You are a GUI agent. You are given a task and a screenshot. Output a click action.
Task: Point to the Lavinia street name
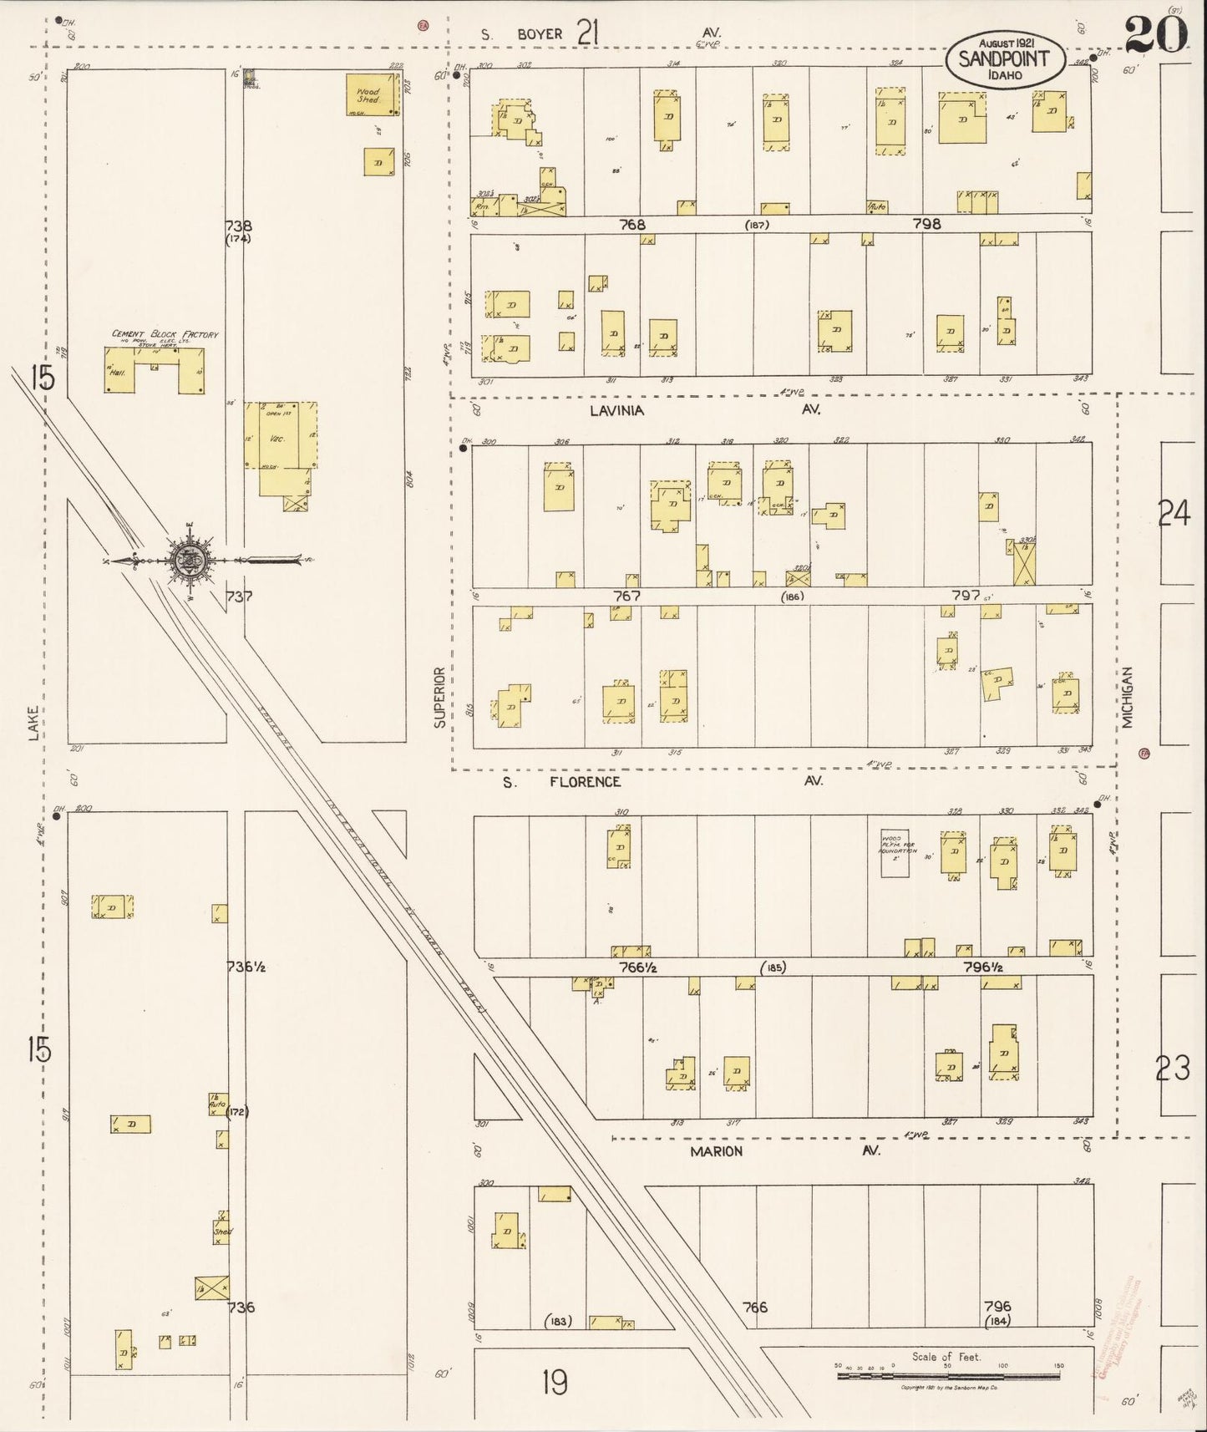click(x=616, y=410)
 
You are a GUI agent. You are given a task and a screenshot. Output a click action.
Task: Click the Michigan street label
click(x=1128, y=698)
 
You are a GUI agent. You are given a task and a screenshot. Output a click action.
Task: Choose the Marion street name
click(x=716, y=1151)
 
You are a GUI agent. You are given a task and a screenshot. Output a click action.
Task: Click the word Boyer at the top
click(x=540, y=34)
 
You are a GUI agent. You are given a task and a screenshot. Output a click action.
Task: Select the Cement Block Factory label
click(x=165, y=334)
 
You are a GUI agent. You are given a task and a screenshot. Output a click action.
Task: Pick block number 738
click(x=238, y=226)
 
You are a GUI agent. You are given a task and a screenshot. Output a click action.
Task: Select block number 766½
click(x=636, y=967)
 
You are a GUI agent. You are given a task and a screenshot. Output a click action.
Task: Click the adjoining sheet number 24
click(x=1174, y=513)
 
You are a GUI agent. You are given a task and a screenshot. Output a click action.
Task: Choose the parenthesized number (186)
click(x=792, y=597)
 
